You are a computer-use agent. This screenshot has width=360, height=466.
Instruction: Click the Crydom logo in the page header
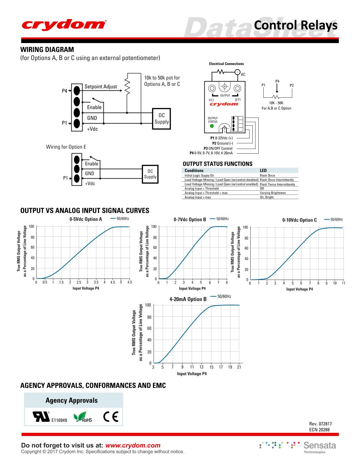(x=64, y=25)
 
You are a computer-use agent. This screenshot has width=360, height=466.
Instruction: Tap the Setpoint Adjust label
(x=101, y=87)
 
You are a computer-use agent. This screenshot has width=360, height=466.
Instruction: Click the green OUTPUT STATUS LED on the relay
(x=212, y=126)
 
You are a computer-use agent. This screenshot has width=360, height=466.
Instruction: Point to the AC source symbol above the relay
(x=238, y=72)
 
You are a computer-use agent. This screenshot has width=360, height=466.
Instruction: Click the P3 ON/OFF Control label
(x=218, y=148)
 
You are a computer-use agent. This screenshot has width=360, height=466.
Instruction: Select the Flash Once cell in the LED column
(x=267, y=175)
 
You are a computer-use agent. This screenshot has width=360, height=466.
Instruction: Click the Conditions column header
(x=194, y=171)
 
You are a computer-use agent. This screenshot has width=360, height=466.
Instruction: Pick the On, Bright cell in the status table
(x=266, y=197)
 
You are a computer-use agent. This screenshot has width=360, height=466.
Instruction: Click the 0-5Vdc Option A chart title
(x=86, y=219)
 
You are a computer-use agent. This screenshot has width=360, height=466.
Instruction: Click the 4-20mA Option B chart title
(x=188, y=299)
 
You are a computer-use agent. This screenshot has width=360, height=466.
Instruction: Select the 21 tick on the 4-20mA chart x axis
(x=239, y=368)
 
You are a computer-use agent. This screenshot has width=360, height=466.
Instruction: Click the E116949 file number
(x=59, y=420)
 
